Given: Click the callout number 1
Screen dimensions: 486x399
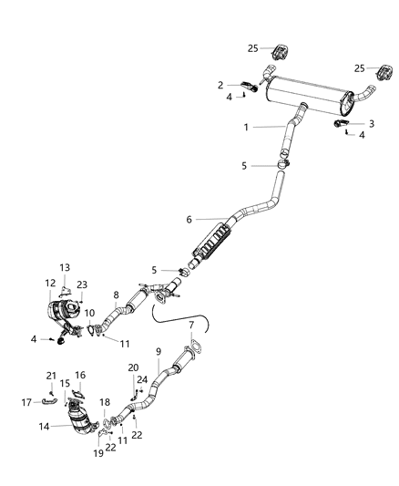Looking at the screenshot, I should point(245,128).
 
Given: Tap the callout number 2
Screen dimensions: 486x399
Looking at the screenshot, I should point(220,85).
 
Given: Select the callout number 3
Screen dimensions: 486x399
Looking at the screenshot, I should point(372,123).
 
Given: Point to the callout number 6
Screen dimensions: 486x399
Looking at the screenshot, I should point(189,219).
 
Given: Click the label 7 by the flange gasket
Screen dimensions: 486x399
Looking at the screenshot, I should point(190,325).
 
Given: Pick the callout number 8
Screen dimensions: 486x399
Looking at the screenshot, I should point(116,295).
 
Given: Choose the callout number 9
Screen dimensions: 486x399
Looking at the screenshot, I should point(159,351).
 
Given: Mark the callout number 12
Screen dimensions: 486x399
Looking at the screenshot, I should point(51,284).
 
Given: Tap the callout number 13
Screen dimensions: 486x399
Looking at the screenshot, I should point(65,266).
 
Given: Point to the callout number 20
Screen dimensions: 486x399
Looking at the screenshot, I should point(132,367).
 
